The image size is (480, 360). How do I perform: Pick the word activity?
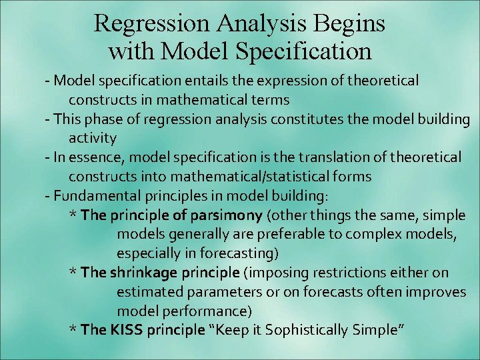click(x=93, y=139)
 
